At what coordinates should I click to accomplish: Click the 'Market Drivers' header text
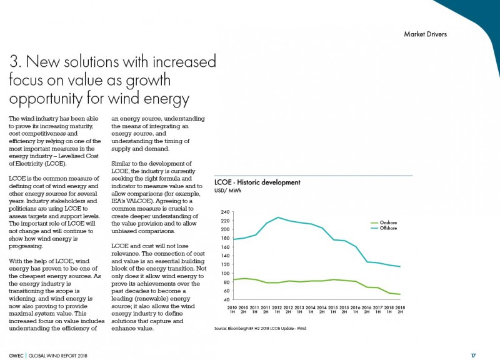click(425, 34)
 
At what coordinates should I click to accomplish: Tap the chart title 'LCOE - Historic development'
click(257, 182)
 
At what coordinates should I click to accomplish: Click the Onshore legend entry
click(384, 222)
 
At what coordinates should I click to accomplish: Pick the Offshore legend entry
click(384, 228)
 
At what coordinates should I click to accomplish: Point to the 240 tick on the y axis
click(225, 212)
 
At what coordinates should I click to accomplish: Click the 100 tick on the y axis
click(225, 273)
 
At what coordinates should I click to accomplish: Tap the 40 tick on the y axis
click(226, 300)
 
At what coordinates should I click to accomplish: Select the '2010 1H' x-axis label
click(232, 309)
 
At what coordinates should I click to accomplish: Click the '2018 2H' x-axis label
click(400, 309)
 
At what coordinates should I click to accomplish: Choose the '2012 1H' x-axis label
click(277, 309)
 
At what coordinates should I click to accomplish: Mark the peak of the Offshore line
click(278, 217)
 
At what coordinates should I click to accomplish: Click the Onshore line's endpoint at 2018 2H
click(400, 294)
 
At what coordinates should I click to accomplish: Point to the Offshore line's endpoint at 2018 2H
click(400, 267)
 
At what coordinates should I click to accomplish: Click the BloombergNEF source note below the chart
click(260, 328)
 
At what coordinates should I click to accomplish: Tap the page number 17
click(474, 355)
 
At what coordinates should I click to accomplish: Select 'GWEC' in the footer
click(16, 356)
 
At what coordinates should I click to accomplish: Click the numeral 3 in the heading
click(15, 61)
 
